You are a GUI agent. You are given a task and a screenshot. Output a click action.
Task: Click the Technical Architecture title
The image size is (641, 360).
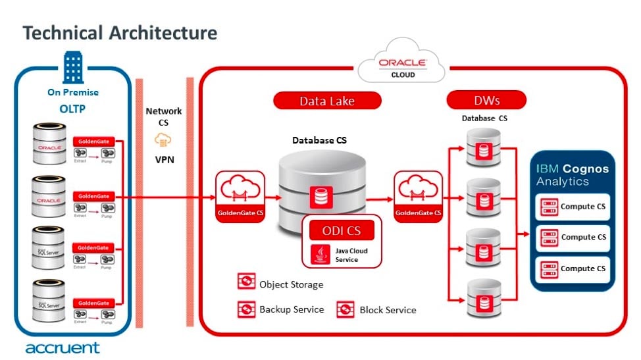pyautogui.click(x=120, y=32)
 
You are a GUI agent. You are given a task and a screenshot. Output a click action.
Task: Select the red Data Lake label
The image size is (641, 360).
pyautogui.click(x=327, y=101)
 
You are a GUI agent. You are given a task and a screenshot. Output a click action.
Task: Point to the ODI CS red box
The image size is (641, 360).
pyautogui.click(x=342, y=230)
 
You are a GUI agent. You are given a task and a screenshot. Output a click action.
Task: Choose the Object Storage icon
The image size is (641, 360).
pyautogui.click(x=246, y=283)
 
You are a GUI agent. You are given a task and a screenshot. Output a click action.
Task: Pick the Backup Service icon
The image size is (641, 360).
pyautogui.click(x=246, y=308)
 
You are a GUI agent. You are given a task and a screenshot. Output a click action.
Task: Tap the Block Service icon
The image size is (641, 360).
pyautogui.click(x=346, y=309)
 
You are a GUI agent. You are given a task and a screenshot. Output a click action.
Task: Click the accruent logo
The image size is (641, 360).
pyautogui.click(x=63, y=347)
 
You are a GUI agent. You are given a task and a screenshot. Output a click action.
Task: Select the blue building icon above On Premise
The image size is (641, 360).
pyautogui.click(x=72, y=66)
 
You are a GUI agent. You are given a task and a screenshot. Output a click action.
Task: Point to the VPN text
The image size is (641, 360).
pyautogui.click(x=164, y=159)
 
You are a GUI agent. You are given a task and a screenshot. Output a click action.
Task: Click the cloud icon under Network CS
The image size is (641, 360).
pyautogui.click(x=163, y=140)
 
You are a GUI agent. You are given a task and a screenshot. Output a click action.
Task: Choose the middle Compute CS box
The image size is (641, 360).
pyautogui.click(x=573, y=238)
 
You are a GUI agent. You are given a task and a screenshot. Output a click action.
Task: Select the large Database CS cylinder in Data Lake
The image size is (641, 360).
pyautogui.click(x=322, y=188)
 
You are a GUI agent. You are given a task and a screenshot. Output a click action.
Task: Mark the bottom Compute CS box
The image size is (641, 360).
pyautogui.click(x=573, y=269)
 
